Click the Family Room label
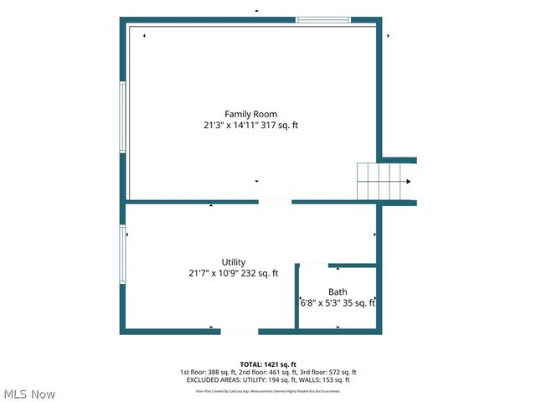(250, 114)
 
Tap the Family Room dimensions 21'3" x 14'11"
(232, 126)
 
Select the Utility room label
(234, 262)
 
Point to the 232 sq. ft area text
(260, 273)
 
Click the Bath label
(338, 292)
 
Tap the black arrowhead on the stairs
(409, 182)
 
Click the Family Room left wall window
(123, 116)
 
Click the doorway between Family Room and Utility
(275, 202)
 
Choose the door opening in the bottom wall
(239, 332)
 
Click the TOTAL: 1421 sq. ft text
(267, 364)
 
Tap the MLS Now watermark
(29, 394)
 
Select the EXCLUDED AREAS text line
(267, 380)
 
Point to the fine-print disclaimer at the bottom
(268, 390)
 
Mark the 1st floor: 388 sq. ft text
(206, 373)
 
